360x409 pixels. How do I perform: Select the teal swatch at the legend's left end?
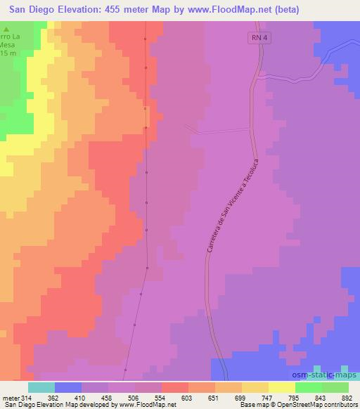tap(41, 387)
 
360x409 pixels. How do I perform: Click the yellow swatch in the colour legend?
tap(281, 387)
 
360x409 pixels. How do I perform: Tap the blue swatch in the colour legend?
tap(67, 387)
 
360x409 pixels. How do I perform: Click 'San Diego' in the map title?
tap(33, 10)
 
